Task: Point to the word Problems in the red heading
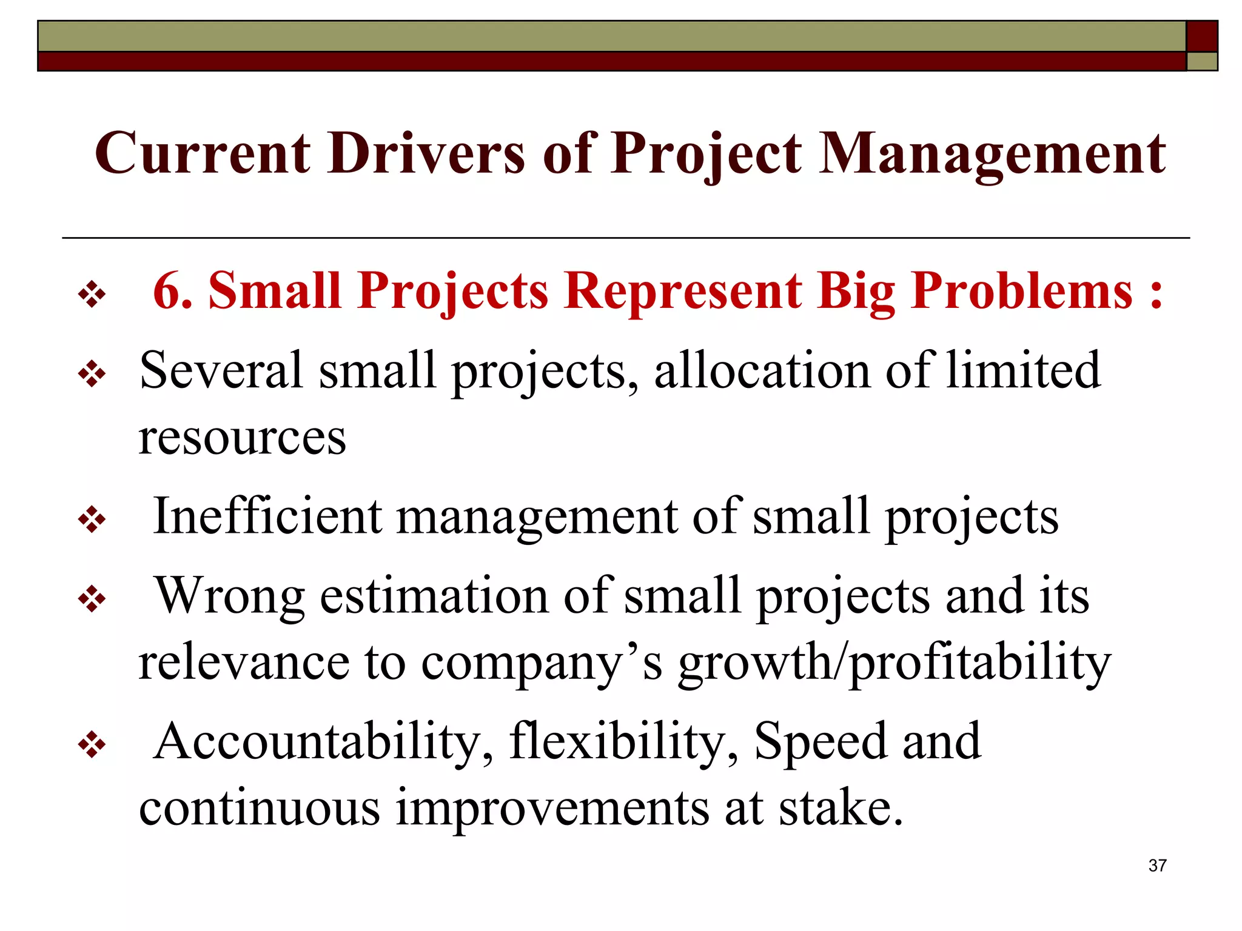(1022, 291)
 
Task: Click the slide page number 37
(1157, 866)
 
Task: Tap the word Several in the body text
(221, 370)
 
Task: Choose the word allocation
(762, 370)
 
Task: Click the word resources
(243, 438)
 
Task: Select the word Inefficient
(267, 516)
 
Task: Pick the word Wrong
(230, 596)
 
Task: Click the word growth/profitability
(895, 662)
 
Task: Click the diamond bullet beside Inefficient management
(92, 519)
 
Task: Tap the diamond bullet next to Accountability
(92, 744)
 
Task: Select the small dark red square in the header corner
(1201, 36)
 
